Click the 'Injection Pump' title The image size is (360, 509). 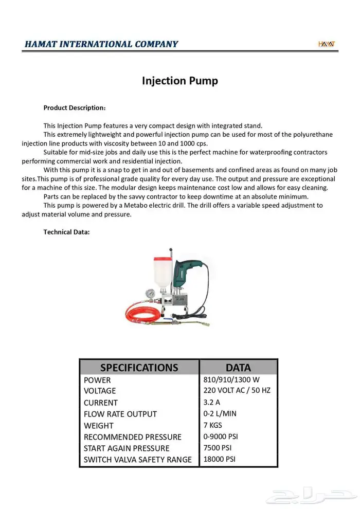tap(179, 81)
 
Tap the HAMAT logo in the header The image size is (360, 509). tap(326, 44)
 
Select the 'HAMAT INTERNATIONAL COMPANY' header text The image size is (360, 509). tap(101, 44)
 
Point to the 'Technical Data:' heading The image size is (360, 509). tap(66, 232)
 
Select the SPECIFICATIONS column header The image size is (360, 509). tap(139, 368)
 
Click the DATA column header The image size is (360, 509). tap(238, 368)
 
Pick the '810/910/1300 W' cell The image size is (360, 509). tap(232, 380)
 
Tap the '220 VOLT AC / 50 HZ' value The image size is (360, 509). tap(237, 390)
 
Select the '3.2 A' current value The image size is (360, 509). tap(212, 402)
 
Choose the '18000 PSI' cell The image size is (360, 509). tap(220, 459)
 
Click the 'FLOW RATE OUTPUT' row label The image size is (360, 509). tap(120, 414)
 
